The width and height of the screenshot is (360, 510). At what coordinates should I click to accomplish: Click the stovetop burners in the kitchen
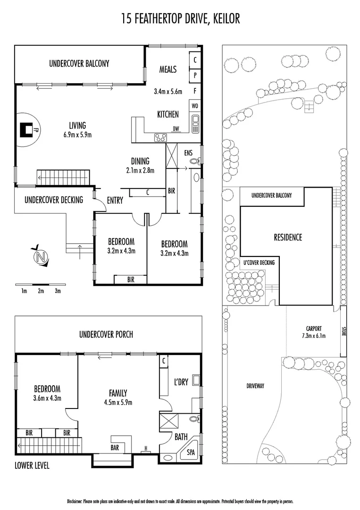coord(160,137)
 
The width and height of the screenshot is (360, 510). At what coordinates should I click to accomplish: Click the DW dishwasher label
coord(176,128)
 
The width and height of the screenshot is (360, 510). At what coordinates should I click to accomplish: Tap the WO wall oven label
coord(195,105)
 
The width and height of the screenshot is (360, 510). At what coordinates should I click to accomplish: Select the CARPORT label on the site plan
coord(313,328)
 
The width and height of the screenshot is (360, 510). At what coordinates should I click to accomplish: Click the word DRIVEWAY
coord(255,386)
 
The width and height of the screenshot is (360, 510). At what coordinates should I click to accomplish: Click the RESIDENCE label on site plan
coord(288,237)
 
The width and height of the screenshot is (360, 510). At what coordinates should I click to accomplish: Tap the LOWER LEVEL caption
coord(32,466)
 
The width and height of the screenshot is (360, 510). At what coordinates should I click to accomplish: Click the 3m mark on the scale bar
coord(58,291)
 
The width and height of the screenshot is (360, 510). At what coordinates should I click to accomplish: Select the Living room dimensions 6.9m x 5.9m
coord(77,135)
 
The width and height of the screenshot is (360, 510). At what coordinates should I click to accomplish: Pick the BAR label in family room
coord(115,447)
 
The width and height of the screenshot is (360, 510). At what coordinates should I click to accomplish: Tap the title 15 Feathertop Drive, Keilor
coord(180,18)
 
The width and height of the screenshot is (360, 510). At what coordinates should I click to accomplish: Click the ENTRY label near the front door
coord(115,200)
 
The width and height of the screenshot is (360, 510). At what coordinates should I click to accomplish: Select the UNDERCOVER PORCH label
coord(106,334)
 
